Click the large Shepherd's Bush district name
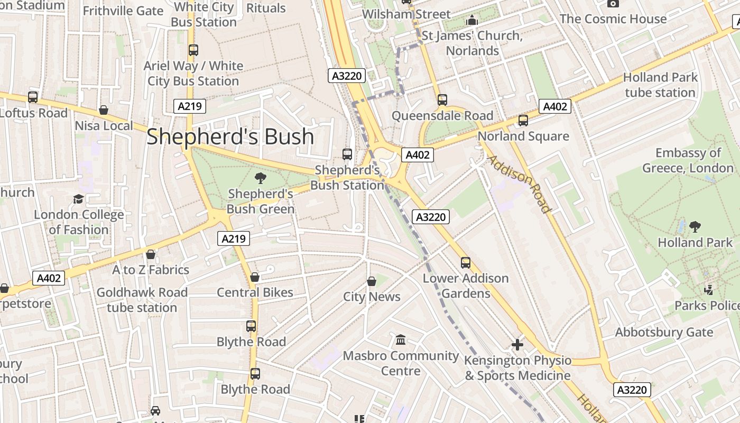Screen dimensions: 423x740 point(230,136)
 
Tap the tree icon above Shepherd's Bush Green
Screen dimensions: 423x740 point(260,178)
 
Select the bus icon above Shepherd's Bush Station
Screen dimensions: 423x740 point(347,154)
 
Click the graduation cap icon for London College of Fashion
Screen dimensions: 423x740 point(79,199)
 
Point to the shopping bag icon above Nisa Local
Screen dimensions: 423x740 point(104,110)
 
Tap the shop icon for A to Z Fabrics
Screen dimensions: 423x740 point(151,254)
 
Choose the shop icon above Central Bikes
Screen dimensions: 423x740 point(255,277)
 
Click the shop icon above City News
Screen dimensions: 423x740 point(372,281)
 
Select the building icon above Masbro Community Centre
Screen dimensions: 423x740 point(401,339)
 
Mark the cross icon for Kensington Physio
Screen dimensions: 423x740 point(517,345)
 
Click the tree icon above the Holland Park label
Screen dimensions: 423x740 point(695,227)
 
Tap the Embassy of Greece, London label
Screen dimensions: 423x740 point(688,161)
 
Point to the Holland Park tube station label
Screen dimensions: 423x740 point(660,85)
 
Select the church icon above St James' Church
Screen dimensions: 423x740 point(472,21)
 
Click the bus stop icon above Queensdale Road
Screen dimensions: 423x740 point(442,100)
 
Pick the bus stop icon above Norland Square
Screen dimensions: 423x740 point(523,121)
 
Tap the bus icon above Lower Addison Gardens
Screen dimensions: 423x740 point(466,263)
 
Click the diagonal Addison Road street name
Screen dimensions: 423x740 point(519,183)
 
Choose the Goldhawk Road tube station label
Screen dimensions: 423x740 point(142,300)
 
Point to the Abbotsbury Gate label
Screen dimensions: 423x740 point(664,333)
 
